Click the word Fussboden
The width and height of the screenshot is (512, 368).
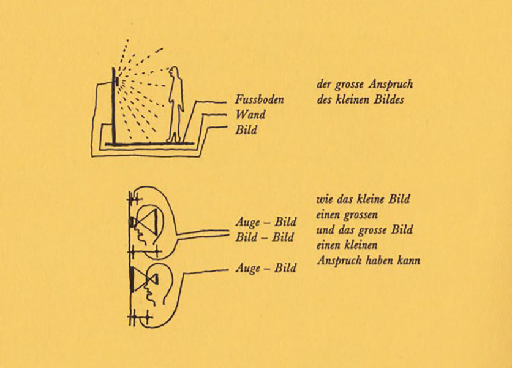click(259, 99)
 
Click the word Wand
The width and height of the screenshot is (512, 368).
click(250, 115)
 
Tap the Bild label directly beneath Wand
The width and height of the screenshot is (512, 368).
click(246, 129)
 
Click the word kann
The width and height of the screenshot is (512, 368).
click(408, 261)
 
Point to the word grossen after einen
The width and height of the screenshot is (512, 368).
click(361, 215)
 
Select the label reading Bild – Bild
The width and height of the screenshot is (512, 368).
click(265, 237)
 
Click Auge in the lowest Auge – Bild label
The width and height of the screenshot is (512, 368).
click(248, 268)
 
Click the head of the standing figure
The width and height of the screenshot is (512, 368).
click(175, 72)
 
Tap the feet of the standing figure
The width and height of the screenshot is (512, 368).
click(174, 139)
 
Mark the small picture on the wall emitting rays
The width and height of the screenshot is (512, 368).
click(116, 80)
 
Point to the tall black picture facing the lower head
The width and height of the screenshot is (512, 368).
click(132, 279)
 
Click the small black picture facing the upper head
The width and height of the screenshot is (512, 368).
click(131, 222)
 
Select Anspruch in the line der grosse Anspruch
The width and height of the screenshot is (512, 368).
click(391, 85)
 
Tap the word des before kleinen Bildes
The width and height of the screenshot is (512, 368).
click(323, 99)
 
